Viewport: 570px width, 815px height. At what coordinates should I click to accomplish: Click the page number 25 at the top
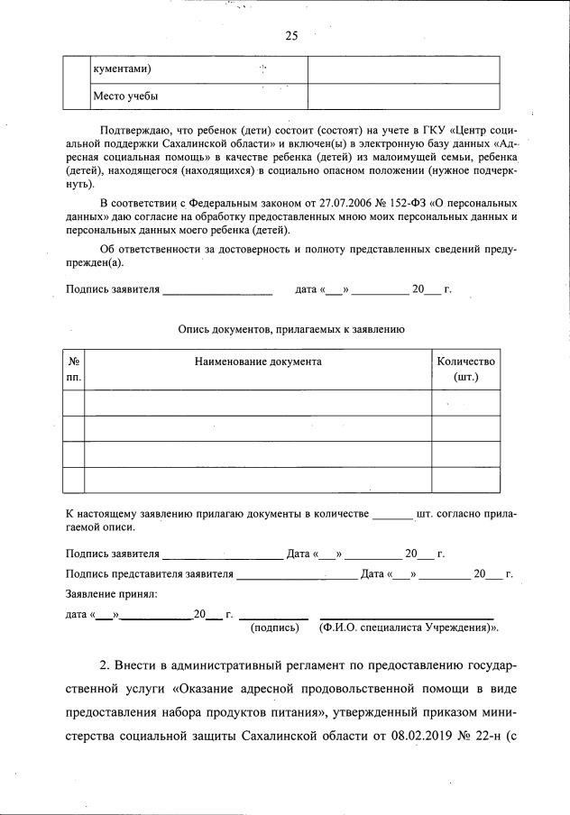pyautogui.click(x=290, y=36)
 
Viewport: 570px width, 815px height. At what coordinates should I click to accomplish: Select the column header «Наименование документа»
pyautogui.click(x=258, y=362)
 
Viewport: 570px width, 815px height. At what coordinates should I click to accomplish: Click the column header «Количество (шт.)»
pyautogui.click(x=465, y=369)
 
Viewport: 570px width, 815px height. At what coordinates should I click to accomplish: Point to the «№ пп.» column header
pyautogui.click(x=74, y=369)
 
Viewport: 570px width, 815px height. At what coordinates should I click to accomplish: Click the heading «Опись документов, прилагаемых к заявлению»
pyautogui.click(x=290, y=330)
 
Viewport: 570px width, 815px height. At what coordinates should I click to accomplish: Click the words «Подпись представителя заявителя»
pyautogui.click(x=150, y=573)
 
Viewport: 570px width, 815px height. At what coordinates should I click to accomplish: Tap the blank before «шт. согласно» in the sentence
pyautogui.click(x=391, y=514)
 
